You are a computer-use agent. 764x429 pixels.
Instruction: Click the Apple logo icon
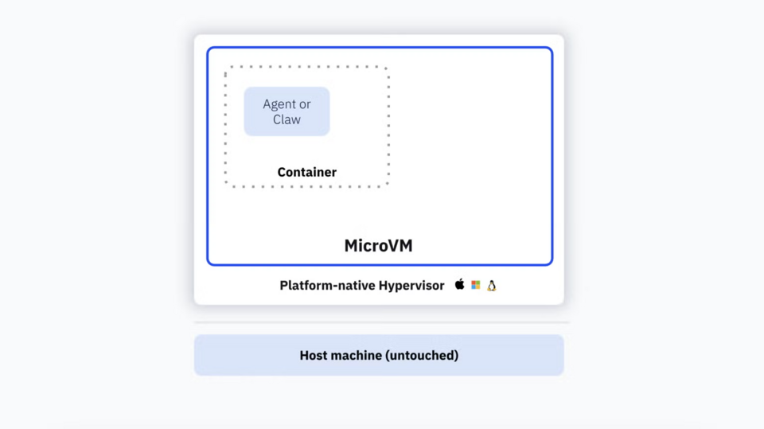click(x=459, y=284)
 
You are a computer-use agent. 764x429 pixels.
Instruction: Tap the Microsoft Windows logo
click(x=476, y=285)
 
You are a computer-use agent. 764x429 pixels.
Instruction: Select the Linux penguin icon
click(x=492, y=286)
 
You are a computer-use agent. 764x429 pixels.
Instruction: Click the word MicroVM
click(x=379, y=246)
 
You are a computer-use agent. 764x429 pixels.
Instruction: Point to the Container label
click(x=307, y=172)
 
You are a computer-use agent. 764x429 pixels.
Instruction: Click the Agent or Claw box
click(x=287, y=111)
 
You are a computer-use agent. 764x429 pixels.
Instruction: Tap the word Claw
click(x=287, y=119)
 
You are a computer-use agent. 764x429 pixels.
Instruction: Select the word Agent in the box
click(x=279, y=104)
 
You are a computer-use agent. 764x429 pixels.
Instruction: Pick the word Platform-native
click(x=327, y=286)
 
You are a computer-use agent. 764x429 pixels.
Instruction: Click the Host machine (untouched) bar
click(x=379, y=355)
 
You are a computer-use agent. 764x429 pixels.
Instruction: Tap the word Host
click(x=312, y=356)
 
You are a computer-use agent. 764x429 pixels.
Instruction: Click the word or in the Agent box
click(x=305, y=104)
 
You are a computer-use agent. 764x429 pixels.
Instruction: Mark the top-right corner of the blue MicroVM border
click(x=552, y=49)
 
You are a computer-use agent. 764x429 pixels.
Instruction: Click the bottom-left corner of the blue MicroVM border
click(x=208, y=264)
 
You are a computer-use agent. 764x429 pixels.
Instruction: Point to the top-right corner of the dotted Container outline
click(x=388, y=68)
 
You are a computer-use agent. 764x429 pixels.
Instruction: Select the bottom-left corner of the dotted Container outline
click(x=226, y=185)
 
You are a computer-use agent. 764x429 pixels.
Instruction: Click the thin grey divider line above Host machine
click(x=381, y=322)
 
